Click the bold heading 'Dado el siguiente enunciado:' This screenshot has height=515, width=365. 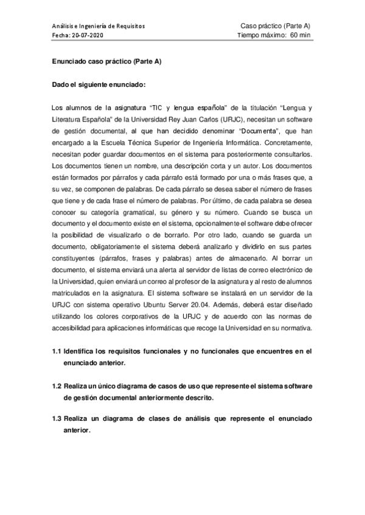coord(98,84)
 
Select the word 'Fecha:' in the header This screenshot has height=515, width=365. coord(61,35)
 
